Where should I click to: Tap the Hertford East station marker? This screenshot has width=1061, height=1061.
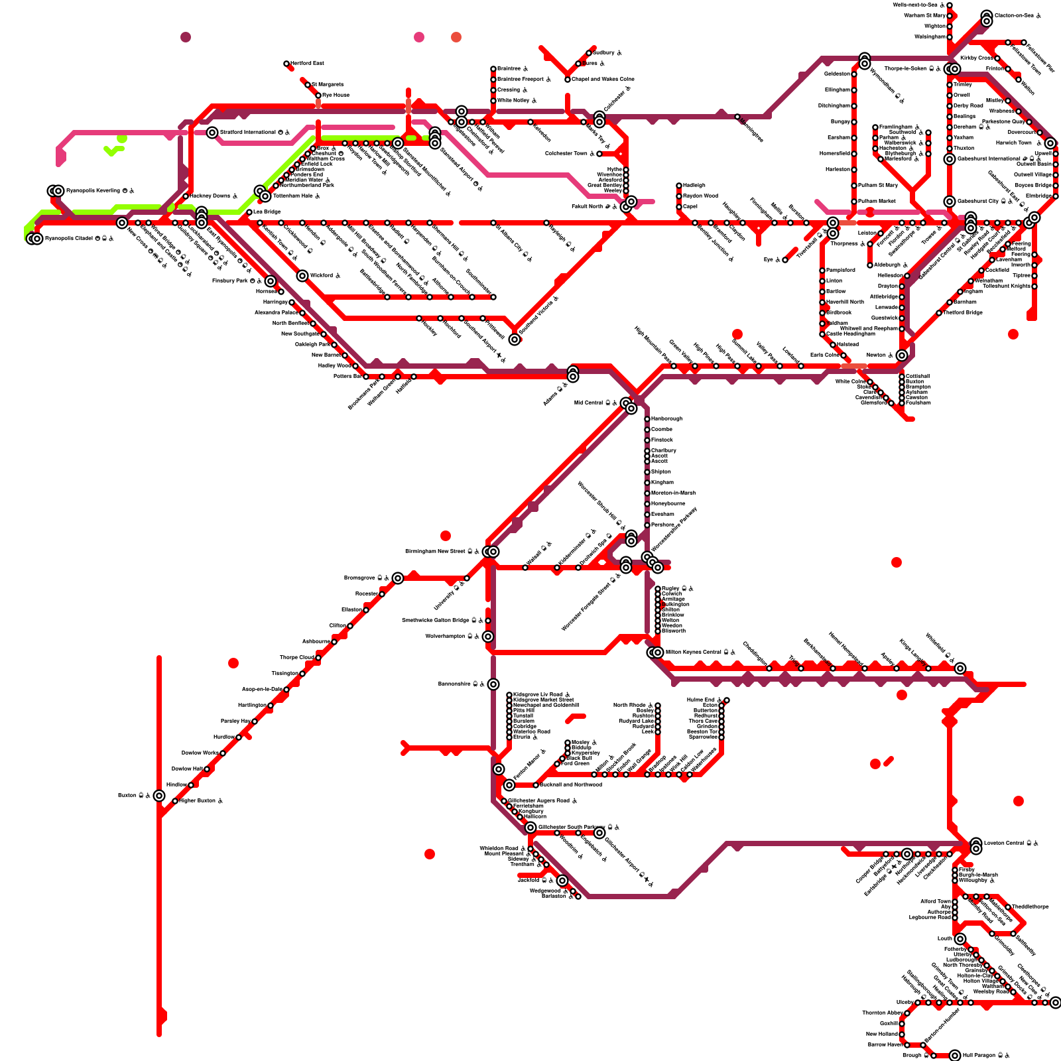286,64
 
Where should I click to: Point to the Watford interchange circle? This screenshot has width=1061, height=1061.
302,276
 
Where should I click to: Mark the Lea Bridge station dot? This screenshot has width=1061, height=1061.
249,212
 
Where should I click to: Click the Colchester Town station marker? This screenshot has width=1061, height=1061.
599,154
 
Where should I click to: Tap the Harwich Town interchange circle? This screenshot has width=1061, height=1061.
1050,143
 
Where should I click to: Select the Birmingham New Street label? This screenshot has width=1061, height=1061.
435,552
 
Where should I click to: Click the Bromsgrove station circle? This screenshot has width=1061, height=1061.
398,578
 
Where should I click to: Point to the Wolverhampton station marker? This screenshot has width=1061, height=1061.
488,637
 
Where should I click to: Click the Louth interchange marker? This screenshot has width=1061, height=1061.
960,939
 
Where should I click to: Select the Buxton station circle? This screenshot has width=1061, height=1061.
159,796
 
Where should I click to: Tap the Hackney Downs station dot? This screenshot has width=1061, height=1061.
186,196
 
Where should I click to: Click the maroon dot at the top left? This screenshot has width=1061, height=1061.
186,37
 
